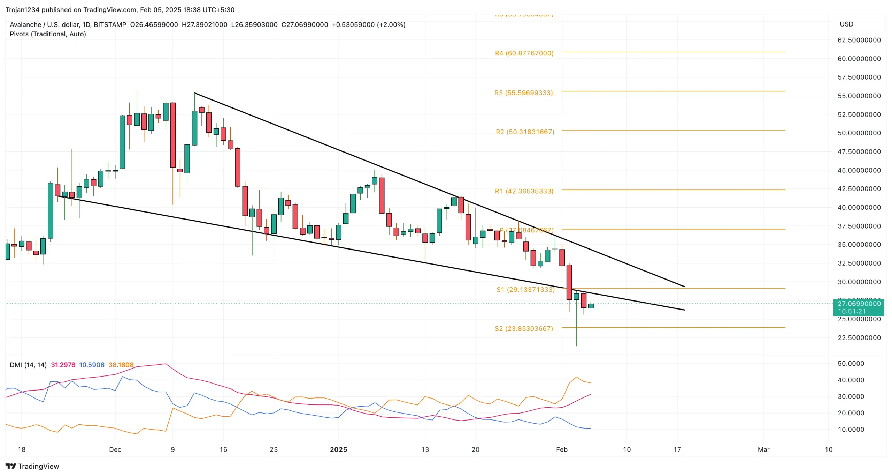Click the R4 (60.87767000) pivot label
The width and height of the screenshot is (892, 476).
(524, 53)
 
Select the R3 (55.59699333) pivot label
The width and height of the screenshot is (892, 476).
(523, 93)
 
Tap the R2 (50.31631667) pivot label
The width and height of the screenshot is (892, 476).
(525, 132)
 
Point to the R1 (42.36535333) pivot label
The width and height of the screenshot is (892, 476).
(524, 191)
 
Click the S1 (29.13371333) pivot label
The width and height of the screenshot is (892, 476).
(525, 290)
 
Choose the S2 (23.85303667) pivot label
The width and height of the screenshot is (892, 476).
(523, 329)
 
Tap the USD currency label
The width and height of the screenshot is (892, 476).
(846, 24)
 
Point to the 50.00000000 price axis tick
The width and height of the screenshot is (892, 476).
(859, 133)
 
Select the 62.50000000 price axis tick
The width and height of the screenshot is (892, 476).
(859, 40)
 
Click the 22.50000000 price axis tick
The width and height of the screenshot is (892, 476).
(859, 338)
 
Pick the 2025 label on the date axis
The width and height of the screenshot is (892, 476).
(338, 449)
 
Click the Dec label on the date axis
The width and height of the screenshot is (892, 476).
(115, 449)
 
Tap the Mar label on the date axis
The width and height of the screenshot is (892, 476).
(763, 449)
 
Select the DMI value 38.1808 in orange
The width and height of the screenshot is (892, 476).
(121, 365)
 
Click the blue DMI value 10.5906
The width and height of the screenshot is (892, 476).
(92, 365)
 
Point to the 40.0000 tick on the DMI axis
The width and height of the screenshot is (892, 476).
(851, 380)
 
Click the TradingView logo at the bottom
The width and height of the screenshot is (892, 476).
(32, 466)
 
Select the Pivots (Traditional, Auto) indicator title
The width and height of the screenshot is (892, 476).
(48, 34)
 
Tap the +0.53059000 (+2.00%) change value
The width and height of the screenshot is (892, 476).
(368, 25)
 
